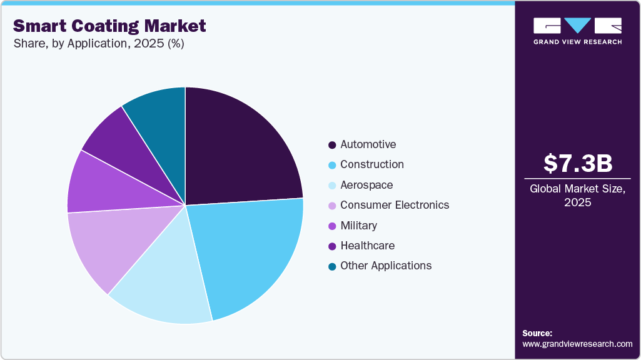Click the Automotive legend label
368,144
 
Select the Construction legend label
371,164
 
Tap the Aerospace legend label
366,185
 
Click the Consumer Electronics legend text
395,205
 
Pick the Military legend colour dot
332,226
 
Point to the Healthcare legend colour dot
332,246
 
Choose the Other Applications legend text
386,266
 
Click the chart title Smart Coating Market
109,26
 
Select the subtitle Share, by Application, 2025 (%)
98,44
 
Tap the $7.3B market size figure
577,163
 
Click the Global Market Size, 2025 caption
577,195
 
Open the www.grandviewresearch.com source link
577,344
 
